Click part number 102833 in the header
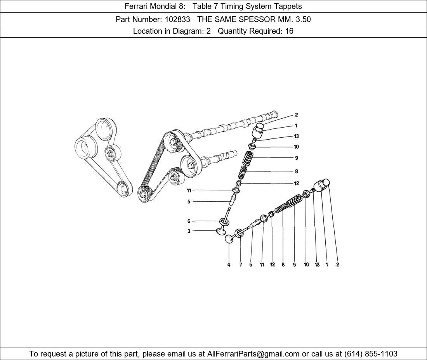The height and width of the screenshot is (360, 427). pyautogui.click(x=177, y=19)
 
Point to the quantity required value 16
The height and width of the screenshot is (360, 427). pyautogui.click(x=289, y=31)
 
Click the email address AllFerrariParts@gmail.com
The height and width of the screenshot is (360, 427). pyautogui.click(x=253, y=354)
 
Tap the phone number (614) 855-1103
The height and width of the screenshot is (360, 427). pyautogui.click(x=371, y=354)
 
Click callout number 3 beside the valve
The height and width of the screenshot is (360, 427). pyautogui.click(x=189, y=231)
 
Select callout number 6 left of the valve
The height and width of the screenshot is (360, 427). pyautogui.click(x=189, y=221)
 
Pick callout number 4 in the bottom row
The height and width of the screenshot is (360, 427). pyautogui.click(x=229, y=265)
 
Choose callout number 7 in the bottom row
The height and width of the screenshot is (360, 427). pyautogui.click(x=240, y=265)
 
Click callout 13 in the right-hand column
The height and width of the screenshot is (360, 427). pyautogui.click(x=296, y=136)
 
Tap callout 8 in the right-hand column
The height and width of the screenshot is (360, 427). pyautogui.click(x=296, y=171)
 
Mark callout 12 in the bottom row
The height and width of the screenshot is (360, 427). pyautogui.click(x=273, y=265)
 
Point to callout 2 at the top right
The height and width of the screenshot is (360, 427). pyautogui.click(x=296, y=115)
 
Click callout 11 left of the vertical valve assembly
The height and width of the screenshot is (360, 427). pyautogui.click(x=189, y=190)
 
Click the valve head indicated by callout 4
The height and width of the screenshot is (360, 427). pyautogui.click(x=229, y=239)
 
